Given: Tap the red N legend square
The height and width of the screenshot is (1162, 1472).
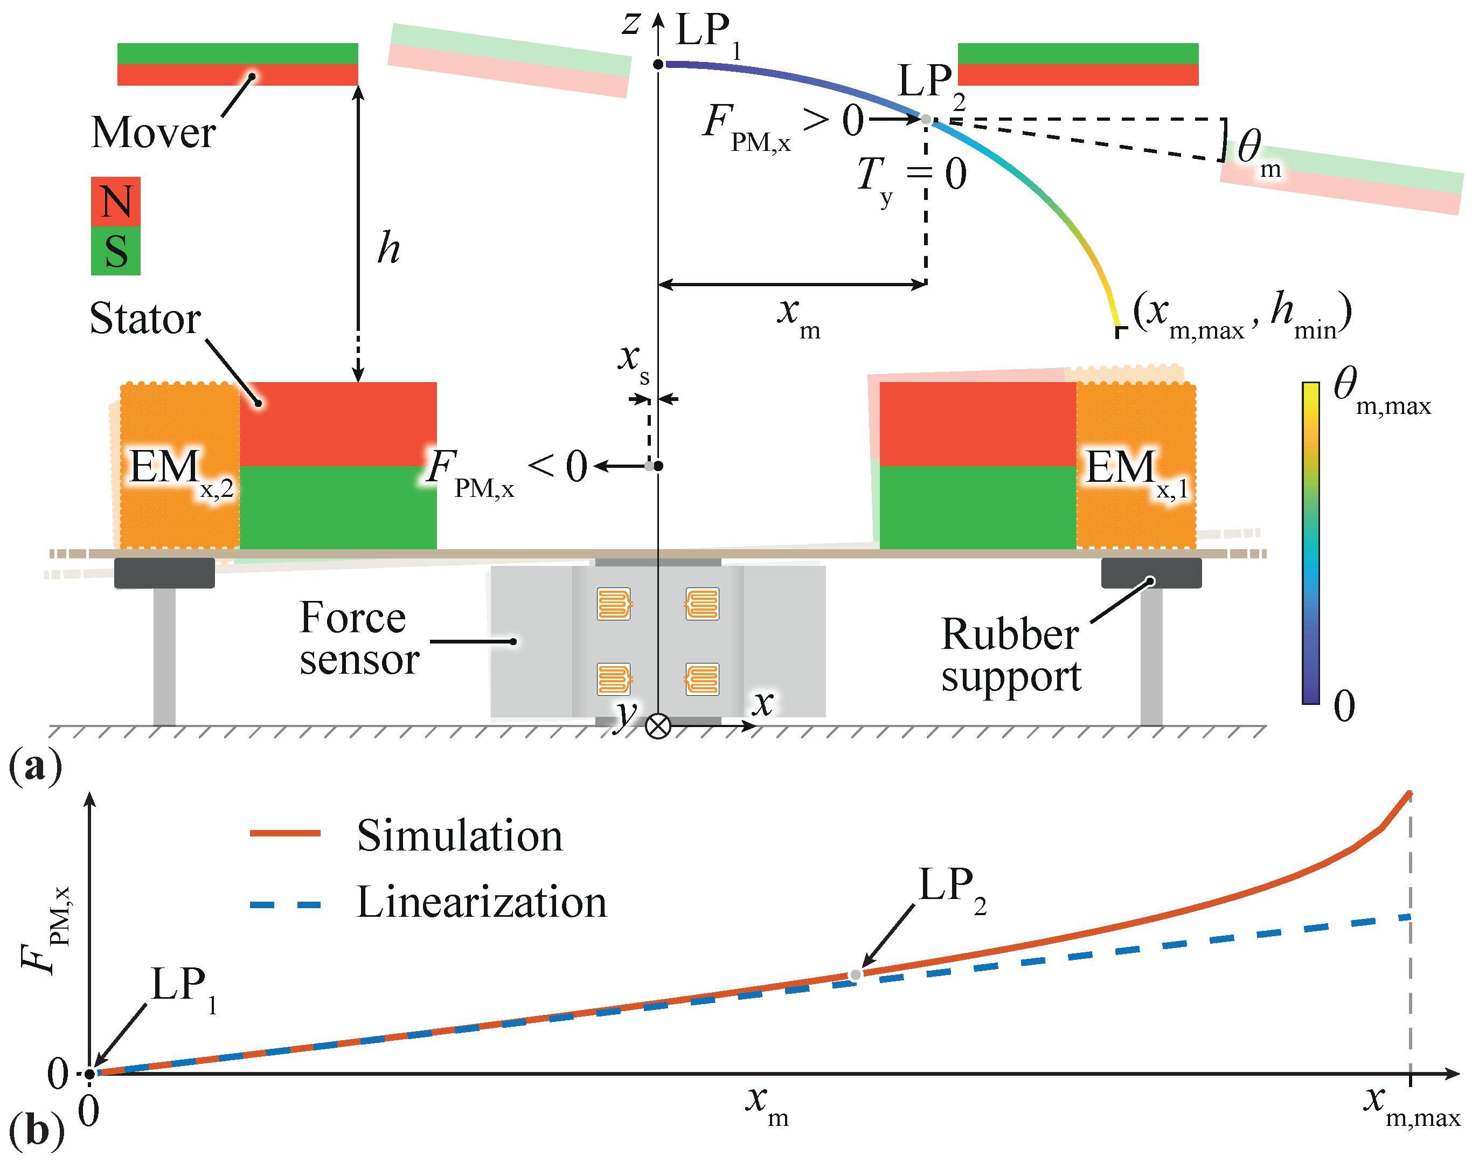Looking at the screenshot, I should (x=116, y=202).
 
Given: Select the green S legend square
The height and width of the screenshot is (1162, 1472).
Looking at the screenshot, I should (x=116, y=251).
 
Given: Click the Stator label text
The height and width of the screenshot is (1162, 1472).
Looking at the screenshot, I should (x=145, y=319).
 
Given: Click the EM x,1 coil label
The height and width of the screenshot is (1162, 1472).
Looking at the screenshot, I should (x=1135, y=469).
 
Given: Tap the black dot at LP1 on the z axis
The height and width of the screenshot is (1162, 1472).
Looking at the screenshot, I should (x=658, y=64).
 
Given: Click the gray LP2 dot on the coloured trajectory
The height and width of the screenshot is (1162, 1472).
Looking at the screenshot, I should (x=926, y=119).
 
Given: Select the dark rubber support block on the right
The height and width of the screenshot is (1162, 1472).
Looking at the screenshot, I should (x=1151, y=573).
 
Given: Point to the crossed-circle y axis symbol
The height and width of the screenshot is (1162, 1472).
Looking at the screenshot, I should (x=658, y=726).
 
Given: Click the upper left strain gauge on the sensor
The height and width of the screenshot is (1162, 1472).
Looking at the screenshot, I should (x=614, y=604).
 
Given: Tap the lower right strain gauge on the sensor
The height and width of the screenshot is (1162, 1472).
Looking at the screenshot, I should (x=702, y=679).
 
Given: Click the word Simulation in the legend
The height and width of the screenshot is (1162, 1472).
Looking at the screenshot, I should (x=460, y=835).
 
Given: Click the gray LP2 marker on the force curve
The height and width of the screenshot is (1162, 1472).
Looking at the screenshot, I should (x=856, y=974).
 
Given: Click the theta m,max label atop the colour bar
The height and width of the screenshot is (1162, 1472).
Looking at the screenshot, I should (x=1381, y=391).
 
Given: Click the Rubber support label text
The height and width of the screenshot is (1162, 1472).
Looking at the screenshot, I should (x=1011, y=654).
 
